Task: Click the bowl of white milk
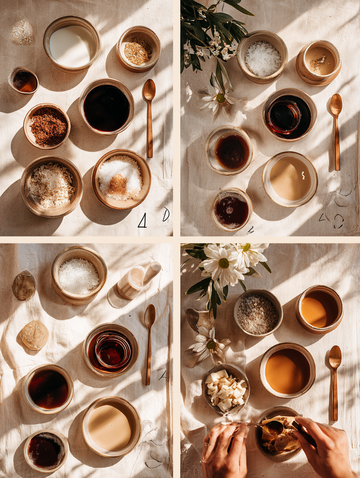pyautogui.click(x=72, y=46)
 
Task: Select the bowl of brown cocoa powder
pyautogui.click(x=47, y=126)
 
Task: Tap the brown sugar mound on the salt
pyautogui.click(x=118, y=185)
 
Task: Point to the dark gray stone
pyautogui.click(x=24, y=285)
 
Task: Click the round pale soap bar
pyautogui.click(x=35, y=335)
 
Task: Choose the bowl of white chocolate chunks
pyautogui.click(x=226, y=389)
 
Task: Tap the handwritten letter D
pyautogui.click(x=166, y=214)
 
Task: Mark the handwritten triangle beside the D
pyautogui.click(x=142, y=221)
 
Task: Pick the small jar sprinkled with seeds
pyautogui.click(x=318, y=62)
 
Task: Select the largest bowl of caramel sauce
pyautogui.click(x=287, y=370)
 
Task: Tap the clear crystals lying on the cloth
pyautogui.click(x=22, y=31)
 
